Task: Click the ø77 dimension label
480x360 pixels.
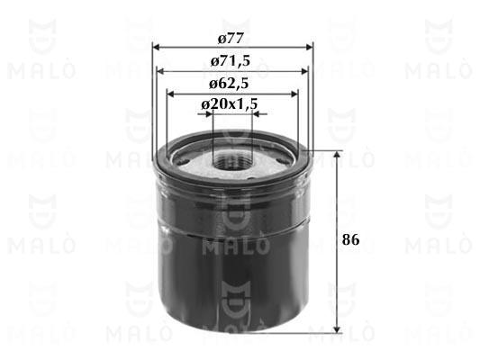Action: click(x=231, y=39)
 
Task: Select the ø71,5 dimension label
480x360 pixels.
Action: click(x=231, y=61)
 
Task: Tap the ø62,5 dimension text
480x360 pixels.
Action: click(x=229, y=83)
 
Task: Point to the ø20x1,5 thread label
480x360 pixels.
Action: click(x=230, y=104)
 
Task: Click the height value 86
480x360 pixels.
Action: click(x=351, y=239)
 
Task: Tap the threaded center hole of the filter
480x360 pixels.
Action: click(x=231, y=162)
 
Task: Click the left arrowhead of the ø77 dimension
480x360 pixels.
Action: click(x=156, y=48)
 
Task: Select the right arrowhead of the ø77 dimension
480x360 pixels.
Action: click(x=310, y=48)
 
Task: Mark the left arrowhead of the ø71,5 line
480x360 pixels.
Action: click(x=160, y=71)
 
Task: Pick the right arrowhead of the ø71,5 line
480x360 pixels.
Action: click(x=304, y=71)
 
